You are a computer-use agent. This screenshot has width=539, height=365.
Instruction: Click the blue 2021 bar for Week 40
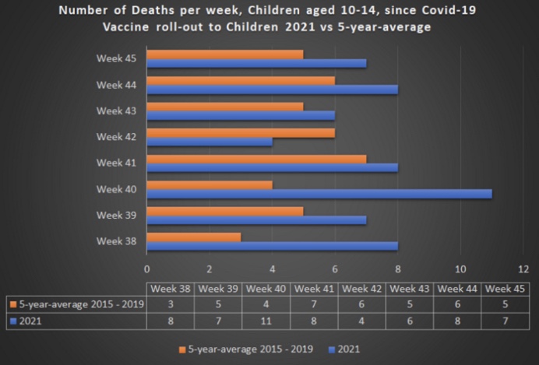(319, 193)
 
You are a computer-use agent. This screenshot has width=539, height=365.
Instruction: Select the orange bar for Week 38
(194, 236)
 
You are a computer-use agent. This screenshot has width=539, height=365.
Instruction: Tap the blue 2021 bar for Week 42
(210, 141)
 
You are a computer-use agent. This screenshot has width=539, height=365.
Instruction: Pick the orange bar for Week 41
(256, 158)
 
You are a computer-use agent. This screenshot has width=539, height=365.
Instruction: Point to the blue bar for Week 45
(256, 62)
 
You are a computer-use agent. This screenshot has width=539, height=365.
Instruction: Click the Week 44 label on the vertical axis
(116, 84)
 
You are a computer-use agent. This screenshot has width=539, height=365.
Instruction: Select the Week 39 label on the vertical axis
(116, 216)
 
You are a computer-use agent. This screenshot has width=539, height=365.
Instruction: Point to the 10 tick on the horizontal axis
(460, 268)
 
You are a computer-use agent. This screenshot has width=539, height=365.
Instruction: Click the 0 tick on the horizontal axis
(147, 268)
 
